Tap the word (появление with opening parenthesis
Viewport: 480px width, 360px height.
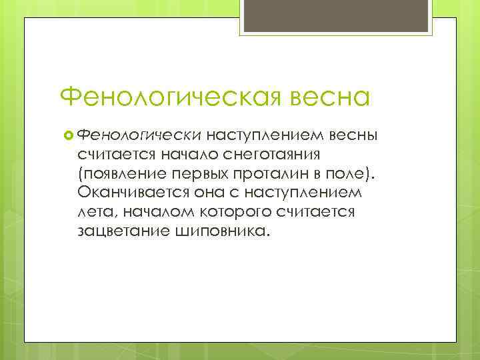[x=121, y=174]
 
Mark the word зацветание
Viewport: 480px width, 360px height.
[x=117, y=231]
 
